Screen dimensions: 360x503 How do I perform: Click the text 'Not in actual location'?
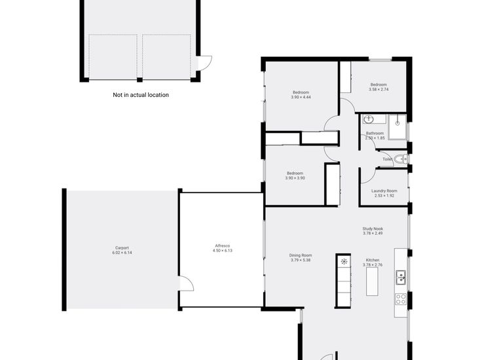141,95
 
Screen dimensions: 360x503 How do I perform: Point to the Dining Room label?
301,255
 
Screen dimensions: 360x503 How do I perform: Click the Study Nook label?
373,228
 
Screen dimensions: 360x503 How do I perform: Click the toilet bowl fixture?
403,159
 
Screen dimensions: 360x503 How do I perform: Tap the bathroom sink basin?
368,119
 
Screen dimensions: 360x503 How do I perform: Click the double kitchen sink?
401,278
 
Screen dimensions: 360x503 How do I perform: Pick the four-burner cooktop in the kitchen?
401,300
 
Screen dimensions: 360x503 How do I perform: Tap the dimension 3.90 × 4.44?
301,98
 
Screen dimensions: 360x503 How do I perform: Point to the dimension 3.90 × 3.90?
295,178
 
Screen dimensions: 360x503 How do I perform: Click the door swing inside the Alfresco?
187,283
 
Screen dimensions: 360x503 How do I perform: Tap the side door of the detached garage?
206,63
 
